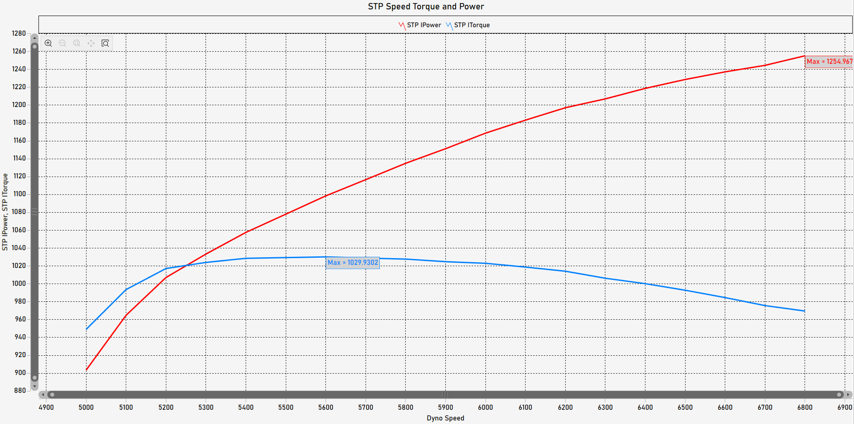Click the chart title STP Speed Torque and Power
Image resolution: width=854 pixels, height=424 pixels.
(426, 7)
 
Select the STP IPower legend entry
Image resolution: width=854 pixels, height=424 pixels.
(420, 25)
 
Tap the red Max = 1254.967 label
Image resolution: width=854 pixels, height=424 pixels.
(829, 62)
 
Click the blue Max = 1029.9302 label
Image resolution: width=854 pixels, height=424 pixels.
(353, 263)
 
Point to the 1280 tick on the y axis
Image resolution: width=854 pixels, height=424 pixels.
(19, 33)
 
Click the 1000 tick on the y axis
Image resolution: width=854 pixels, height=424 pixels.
(19, 284)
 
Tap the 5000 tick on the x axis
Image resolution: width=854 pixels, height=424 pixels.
(86, 407)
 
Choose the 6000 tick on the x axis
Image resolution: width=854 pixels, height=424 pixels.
(485, 407)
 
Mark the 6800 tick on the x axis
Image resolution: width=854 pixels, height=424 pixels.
(805, 407)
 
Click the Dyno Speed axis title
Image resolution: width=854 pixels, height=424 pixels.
(445, 418)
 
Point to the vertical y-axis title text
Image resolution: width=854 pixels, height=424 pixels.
(5, 212)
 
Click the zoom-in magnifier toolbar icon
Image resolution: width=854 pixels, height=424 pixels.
(48, 43)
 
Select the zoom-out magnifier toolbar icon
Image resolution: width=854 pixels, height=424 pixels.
(62, 43)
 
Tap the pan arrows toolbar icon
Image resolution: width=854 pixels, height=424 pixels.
(91, 43)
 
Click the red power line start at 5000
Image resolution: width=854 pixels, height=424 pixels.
(86, 370)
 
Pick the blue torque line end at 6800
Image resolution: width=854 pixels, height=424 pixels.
(804, 311)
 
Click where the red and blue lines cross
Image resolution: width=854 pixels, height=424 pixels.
(187, 266)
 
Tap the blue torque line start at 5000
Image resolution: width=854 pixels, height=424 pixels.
(86, 329)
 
